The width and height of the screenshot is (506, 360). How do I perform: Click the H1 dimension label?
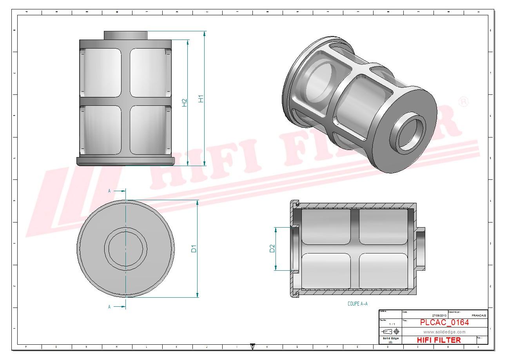coord(201,99)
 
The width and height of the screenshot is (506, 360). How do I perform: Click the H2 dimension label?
coord(184,103)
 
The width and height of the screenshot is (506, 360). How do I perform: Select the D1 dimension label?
coord(194,248)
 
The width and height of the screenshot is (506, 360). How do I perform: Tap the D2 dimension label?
coord(272,248)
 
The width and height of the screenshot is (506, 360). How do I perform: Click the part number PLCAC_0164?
coord(444,322)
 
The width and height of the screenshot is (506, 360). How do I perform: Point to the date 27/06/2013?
coord(439,315)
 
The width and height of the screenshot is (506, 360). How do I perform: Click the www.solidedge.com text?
coord(444,332)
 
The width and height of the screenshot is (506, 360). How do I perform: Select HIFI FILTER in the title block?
coord(439,340)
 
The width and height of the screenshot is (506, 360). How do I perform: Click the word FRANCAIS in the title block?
coord(479,315)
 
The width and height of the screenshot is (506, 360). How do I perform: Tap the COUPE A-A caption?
coord(357,304)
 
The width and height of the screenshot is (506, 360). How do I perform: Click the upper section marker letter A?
coord(110,191)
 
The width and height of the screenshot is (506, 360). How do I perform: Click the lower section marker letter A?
coord(110,307)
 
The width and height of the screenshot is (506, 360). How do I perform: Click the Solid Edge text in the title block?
coord(390,338)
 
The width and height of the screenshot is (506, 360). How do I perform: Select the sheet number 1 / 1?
coord(392,324)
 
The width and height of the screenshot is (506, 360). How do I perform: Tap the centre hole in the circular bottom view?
coord(125,248)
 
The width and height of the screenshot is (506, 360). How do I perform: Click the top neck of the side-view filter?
coord(125,35)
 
